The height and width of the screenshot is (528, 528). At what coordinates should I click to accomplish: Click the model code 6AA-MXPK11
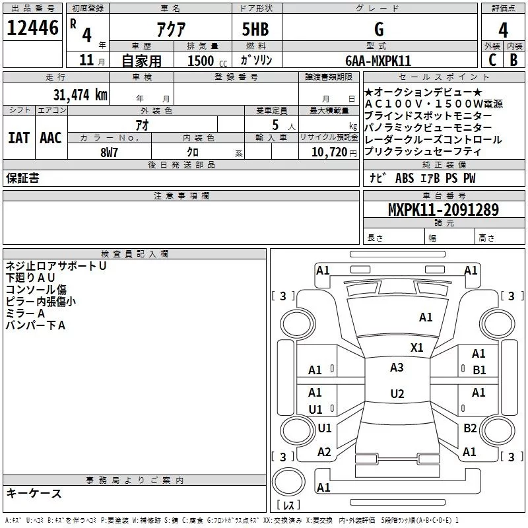378,61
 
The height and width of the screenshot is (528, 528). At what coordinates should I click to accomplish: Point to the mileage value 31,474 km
80,95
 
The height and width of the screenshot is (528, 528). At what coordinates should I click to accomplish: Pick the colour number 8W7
109,152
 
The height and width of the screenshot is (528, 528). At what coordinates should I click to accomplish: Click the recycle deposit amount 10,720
329,152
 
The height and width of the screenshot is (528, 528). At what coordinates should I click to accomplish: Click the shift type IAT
18,138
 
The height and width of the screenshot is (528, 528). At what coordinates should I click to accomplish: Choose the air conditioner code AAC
50,138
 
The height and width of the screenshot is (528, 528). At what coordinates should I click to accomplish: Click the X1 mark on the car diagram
416,347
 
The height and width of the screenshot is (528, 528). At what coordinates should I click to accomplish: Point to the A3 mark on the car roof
397,368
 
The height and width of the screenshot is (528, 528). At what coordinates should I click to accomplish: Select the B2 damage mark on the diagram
470,428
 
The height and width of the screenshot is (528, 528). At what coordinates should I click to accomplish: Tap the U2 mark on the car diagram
397,394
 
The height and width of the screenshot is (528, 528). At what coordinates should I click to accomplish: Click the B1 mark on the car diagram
479,370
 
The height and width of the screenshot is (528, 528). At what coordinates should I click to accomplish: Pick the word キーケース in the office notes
34,493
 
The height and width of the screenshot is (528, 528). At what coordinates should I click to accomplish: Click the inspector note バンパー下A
36,325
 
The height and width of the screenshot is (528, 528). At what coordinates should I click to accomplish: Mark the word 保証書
22,178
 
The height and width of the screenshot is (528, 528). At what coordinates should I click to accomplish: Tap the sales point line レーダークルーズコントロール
433,139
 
